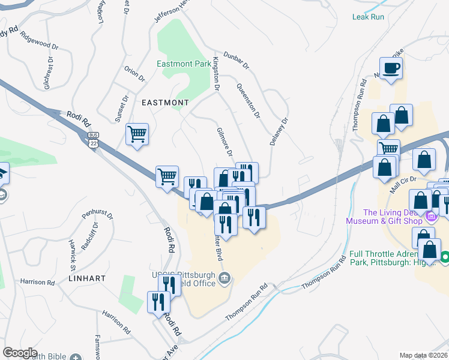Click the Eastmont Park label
184,64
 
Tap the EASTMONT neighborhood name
165,103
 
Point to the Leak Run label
368,17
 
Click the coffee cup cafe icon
391,69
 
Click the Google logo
20,352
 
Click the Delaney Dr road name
279,128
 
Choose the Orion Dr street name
134,73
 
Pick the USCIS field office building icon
224,277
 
